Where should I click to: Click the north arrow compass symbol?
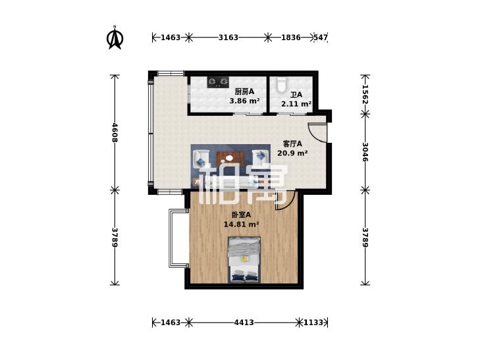pyautogui.click(x=115, y=38)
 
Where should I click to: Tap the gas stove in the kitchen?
pyautogui.click(x=218, y=82)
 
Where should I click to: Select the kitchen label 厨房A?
pyautogui.click(x=244, y=91)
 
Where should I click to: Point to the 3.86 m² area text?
pyautogui.click(x=244, y=100)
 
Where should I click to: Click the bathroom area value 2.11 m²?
pyautogui.click(x=296, y=104)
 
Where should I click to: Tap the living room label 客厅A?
pyautogui.click(x=292, y=143)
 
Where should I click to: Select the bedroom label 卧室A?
pyautogui.click(x=241, y=215)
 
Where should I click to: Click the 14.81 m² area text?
pyautogui.click(x=241, y=224)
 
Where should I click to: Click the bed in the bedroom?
pyautogui.click(x=244, y=259)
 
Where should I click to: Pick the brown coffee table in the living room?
pyautogui.click(x=230, y=158)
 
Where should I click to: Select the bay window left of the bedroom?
pyautogui.click(x=178, y=238)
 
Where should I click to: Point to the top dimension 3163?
pyautogui.click(x=228, y=38)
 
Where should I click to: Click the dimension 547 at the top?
pyautogui.click(x=321, y=38)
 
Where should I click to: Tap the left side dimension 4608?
pyautogui.click(x=115, y=132)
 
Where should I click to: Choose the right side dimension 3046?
pyautogui.click(x=365, y=152)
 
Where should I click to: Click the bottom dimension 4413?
pyautogui.click(x=244, y=322)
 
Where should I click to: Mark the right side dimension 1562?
pyautogui.click(x=365, y=94)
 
